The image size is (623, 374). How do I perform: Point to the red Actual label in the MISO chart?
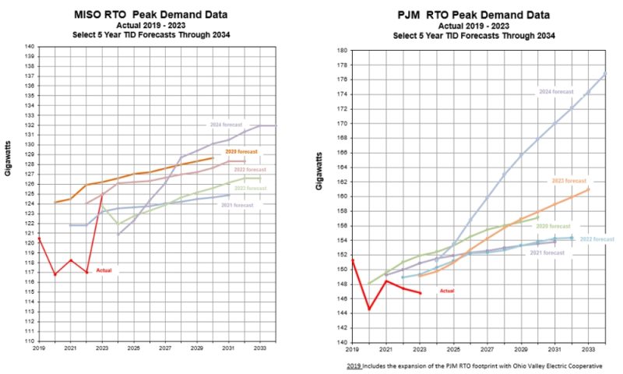104,270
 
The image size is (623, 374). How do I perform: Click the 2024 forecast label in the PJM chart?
556,91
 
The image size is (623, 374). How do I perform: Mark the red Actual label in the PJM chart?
446,291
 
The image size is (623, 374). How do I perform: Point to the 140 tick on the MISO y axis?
30,47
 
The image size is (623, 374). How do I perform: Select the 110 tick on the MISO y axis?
30,341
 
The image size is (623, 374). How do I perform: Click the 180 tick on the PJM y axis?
342,51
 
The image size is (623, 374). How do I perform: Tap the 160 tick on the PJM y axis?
342,196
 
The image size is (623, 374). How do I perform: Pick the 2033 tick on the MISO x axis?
260,348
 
